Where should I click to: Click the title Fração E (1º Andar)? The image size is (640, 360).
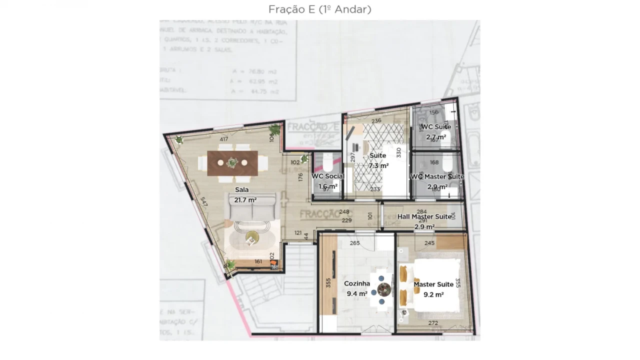tap(320, 9)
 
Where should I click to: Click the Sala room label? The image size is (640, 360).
tap(242, 190)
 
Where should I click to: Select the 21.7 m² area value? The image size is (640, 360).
tap(245, 200)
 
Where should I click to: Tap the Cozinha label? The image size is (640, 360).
tap(357, 283)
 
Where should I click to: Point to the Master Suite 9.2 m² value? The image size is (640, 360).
tap(433, 294)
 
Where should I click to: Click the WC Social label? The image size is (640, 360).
tap(328, 176)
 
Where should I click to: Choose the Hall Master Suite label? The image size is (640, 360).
tap(424, 216)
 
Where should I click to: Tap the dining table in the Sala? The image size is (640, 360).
tap(232, 163)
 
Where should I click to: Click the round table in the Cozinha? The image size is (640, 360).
tap(384, 289)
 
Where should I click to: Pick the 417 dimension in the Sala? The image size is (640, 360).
tap(224, 139)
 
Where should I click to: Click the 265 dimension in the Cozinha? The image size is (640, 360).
tap(354, 243)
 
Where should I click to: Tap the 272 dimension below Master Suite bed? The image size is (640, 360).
tap(433, 323)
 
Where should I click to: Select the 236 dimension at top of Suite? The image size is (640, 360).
tap(376, 120)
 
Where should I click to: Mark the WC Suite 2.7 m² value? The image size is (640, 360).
tap(436, 136)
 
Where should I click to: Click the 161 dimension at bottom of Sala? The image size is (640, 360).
tap(258, 261)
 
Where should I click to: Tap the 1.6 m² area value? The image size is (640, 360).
tap(328, 186)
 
